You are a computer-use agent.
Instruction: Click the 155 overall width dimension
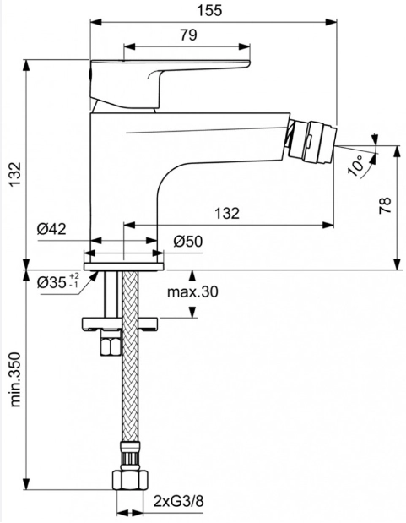pos(209,10)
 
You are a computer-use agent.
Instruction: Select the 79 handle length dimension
pos(189,35)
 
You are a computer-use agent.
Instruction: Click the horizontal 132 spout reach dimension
pos(227,213)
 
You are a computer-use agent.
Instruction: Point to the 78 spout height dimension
pos(385,205)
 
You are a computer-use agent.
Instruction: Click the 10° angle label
pos(355,166)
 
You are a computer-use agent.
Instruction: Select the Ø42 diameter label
pos(51,229)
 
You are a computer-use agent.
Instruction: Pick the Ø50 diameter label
pos(187,242)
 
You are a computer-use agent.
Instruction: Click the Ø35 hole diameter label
pos(58,281)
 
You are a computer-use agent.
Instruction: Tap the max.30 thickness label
pos(192,291)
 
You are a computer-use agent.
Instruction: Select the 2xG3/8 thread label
pos(178,501)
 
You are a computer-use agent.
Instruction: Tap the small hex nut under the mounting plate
pos(111,346)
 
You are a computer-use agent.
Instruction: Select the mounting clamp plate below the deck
pos(121,324)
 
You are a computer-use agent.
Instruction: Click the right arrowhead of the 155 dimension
pos(331,22)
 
